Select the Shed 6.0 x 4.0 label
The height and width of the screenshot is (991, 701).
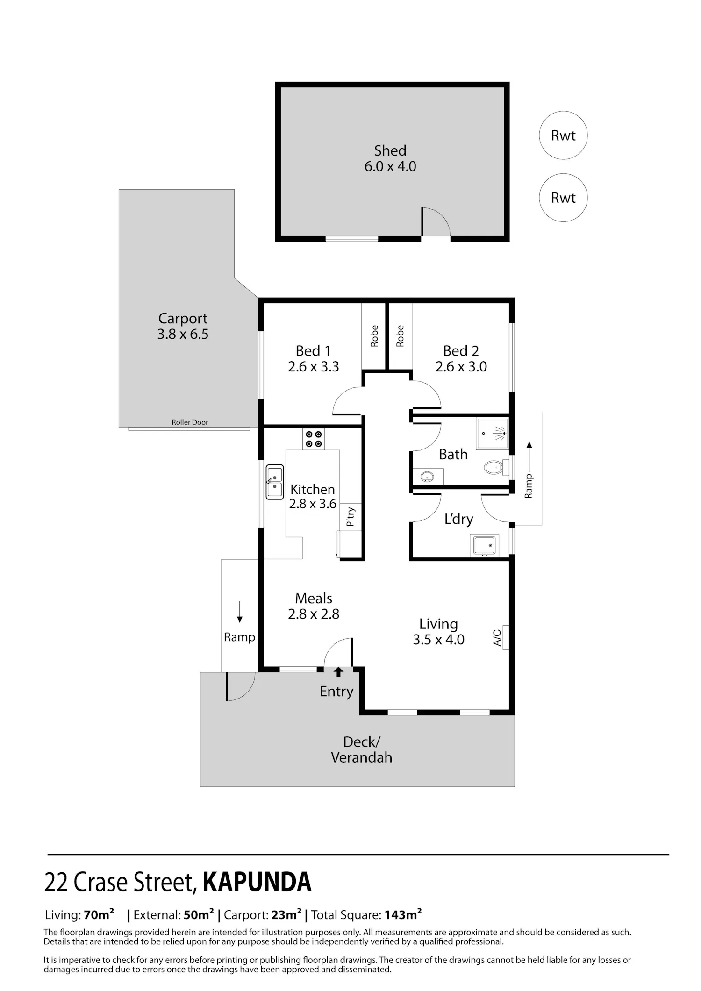[x=390, y=158]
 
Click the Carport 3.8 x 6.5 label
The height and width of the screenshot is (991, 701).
[x=183, y=326]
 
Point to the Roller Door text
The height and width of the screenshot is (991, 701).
[x=190, y=422]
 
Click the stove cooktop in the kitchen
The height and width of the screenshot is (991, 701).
[x=314, y=439]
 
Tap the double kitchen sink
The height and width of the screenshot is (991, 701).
[x=275, y=482]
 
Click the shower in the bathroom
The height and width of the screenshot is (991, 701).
[x=492, y=434]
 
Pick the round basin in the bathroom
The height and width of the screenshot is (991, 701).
[x=427, y=477]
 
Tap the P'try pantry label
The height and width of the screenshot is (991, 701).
[x=350, y=517]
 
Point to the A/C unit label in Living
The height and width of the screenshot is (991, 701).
[x=497, y=638]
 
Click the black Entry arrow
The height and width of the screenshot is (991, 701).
[x=338, y=672]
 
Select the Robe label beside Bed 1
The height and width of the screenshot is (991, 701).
[x=374, y=336]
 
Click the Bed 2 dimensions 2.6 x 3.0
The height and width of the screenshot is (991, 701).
[x=461, y=367]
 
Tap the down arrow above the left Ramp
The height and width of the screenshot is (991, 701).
[x=240, y=612]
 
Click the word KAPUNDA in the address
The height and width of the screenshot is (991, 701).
[x=257, y=882]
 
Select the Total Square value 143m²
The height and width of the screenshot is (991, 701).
[x=403, y=914]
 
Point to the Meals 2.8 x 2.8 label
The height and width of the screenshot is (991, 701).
[x=314, y=606]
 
